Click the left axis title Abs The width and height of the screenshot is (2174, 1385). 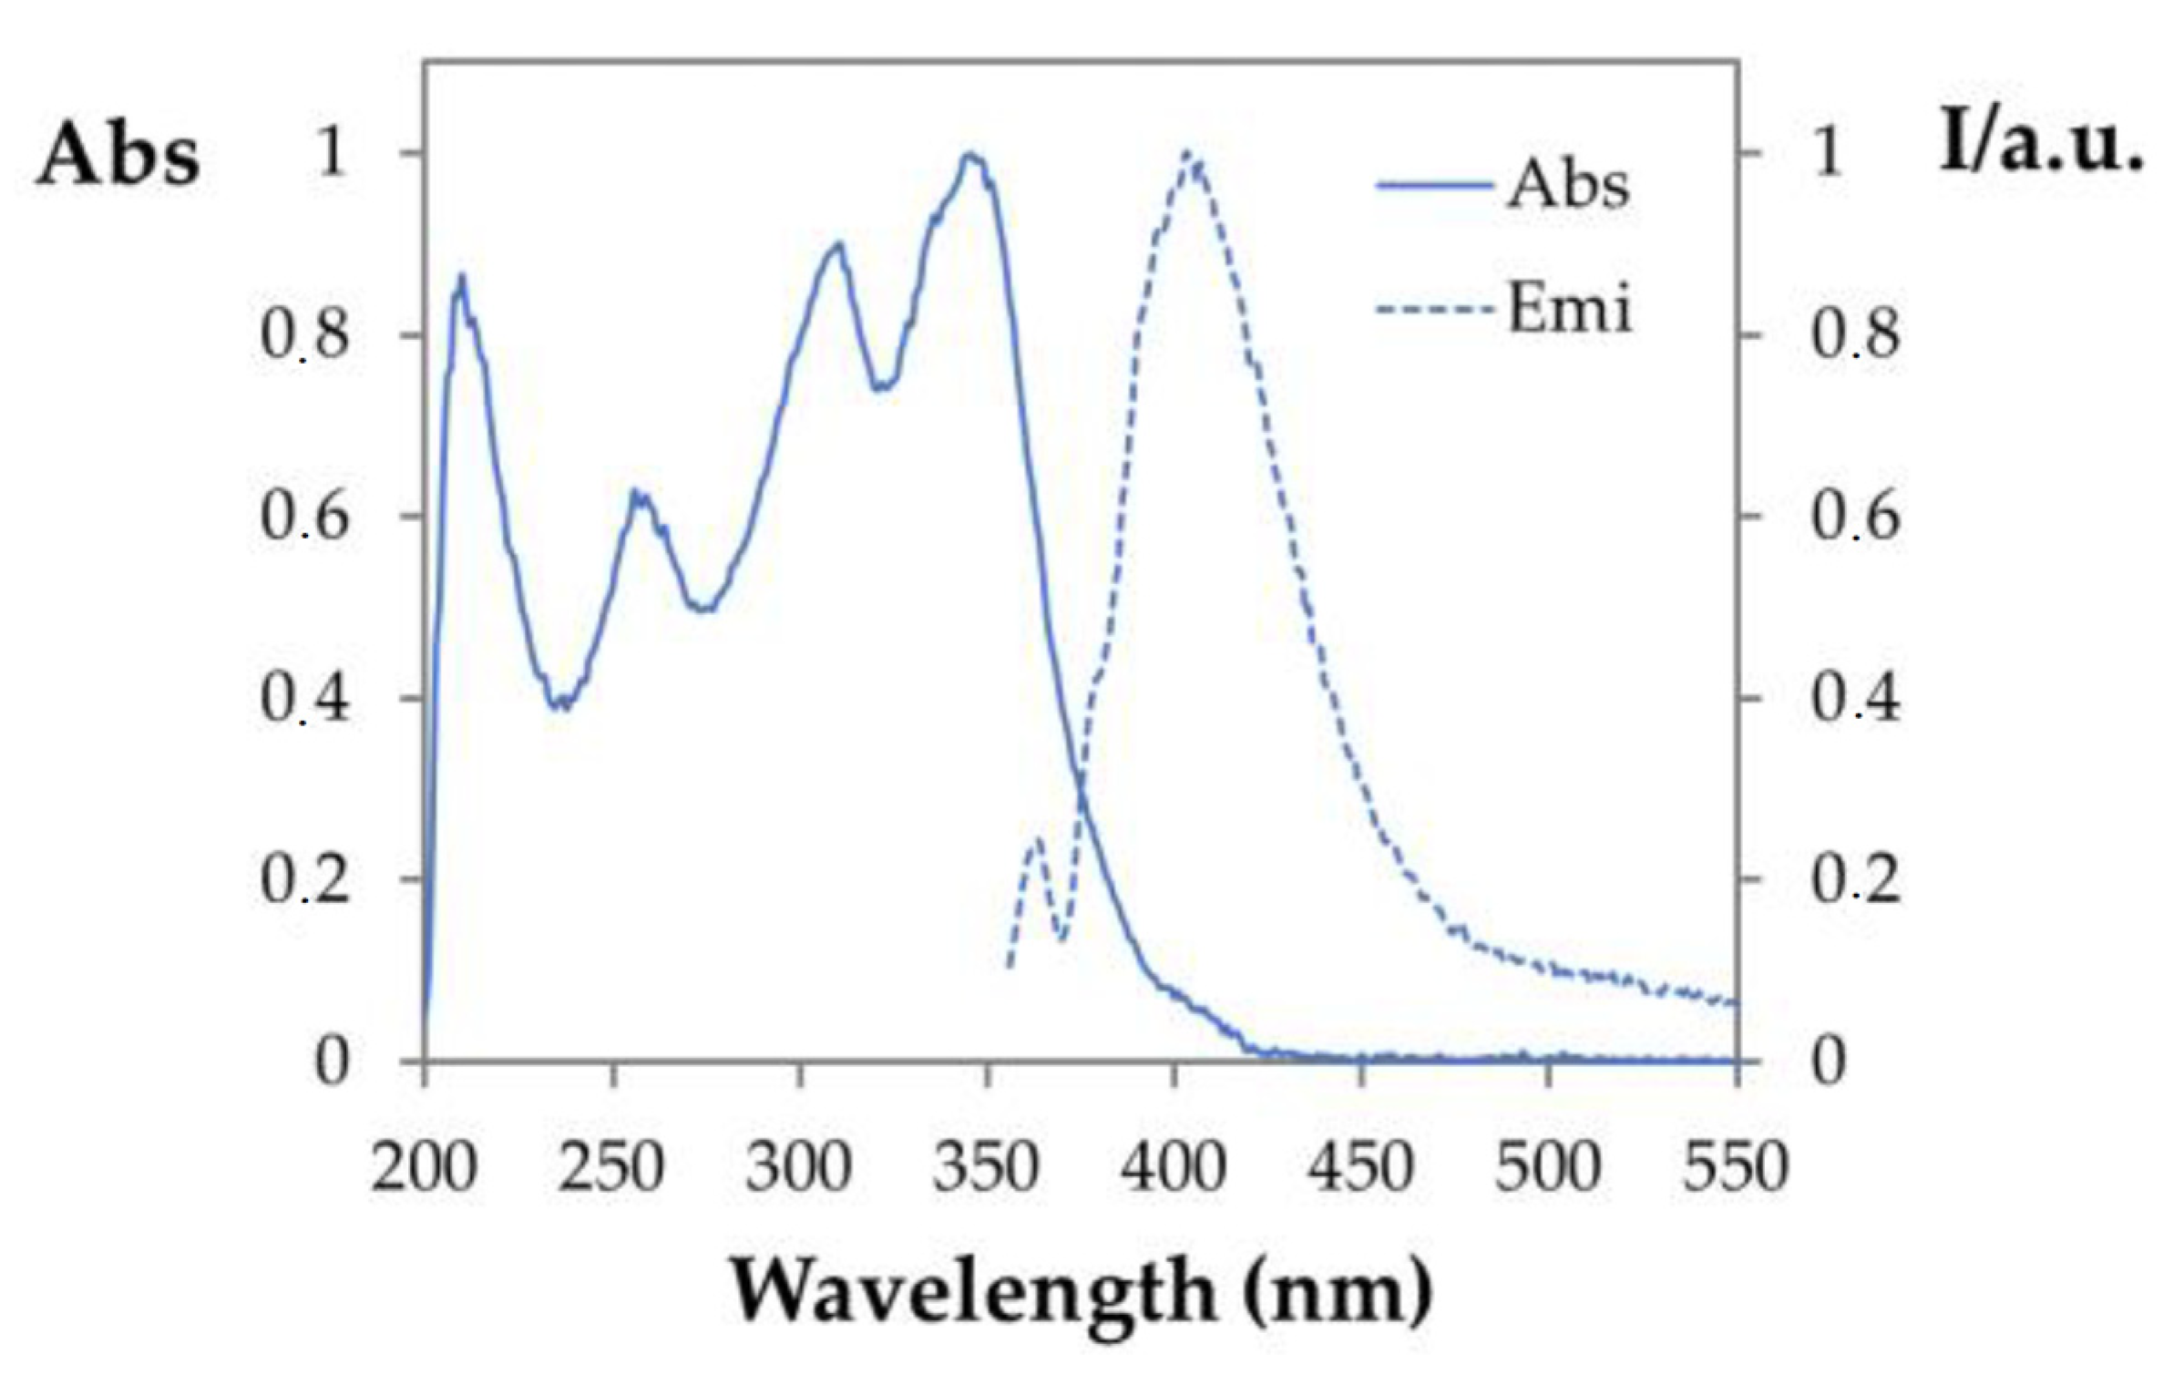point(118,156)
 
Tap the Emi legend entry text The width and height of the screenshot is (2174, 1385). point(1569,309)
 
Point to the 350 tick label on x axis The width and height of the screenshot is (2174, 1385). point(986,1167)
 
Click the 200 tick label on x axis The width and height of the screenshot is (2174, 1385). point(425,1167)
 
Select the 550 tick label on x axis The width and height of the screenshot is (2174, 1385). point(1736,1167)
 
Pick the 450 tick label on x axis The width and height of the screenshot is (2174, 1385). point(1361,1167)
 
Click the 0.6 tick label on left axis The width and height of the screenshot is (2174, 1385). point(304,517)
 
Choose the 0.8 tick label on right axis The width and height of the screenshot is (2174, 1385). point(1855,334)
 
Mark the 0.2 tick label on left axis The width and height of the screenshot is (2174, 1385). point(304,880)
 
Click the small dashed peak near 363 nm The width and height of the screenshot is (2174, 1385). point(1037,839)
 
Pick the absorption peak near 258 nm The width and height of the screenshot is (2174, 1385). point(640,493)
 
